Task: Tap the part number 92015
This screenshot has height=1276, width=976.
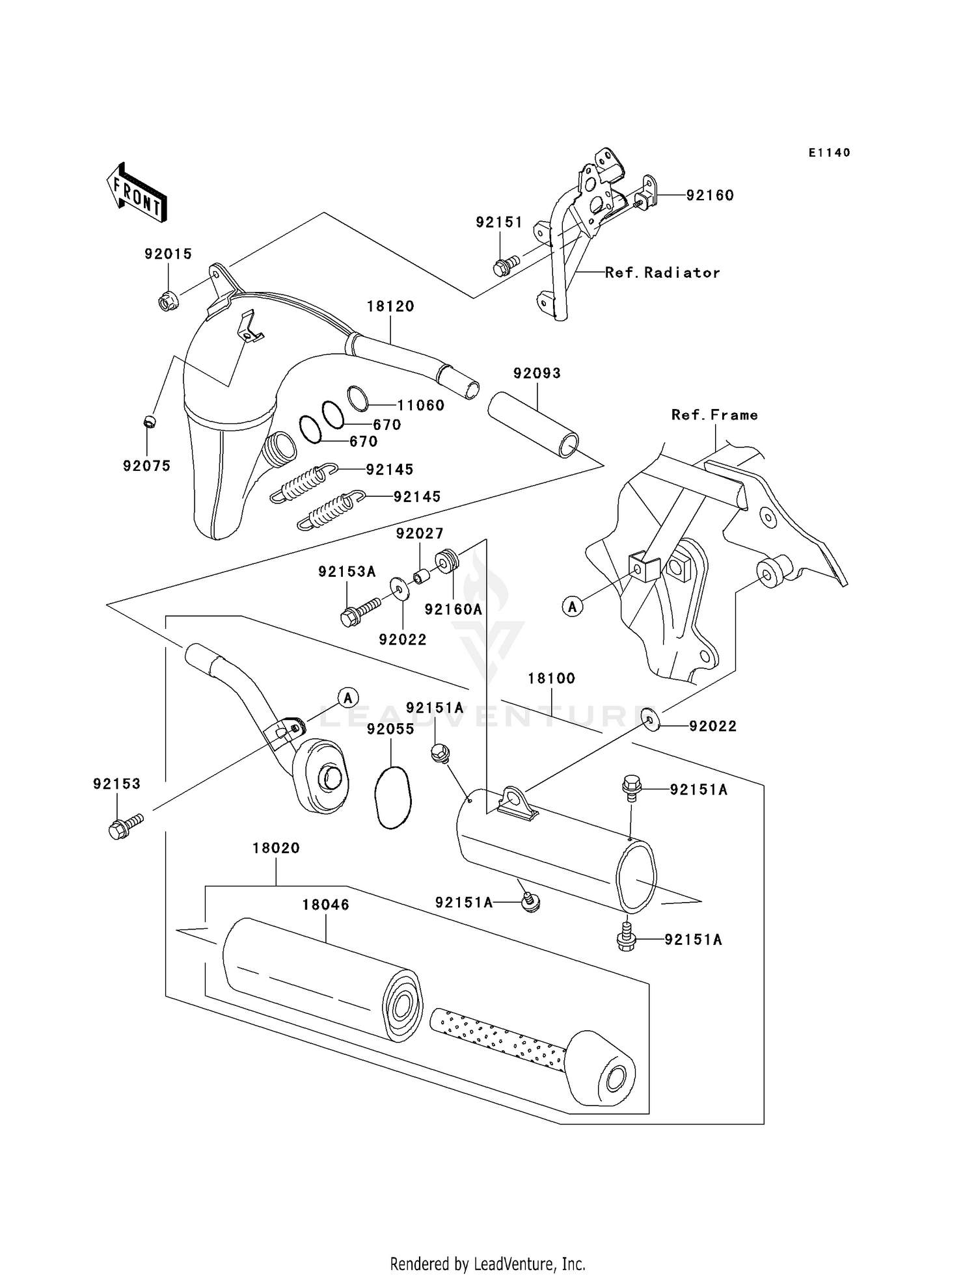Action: [x=169, y=254]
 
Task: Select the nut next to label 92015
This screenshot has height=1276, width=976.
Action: [x=167, y=301]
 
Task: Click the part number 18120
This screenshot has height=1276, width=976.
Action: [x=390, y=306]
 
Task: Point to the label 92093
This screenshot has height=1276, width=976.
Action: [x=537, y=373]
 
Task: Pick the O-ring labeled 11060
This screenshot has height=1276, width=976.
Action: [x=358, y=398]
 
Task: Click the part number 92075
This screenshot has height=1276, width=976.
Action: [x=147, y=466]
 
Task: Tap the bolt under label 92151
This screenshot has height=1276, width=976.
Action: [x=506, y=265]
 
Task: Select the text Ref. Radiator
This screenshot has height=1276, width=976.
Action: [x=662, y=272]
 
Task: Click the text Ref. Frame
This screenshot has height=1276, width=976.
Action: [x=714, y=415]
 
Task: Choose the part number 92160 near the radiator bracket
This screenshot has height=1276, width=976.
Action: [x=710, y=195]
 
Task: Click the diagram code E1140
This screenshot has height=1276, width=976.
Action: [x=830, y=152]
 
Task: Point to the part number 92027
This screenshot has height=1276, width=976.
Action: [x=420, y=533]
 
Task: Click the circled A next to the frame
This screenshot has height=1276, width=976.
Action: [x=573, y=607]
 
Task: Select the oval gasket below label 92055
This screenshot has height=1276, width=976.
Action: [x=392, y=798]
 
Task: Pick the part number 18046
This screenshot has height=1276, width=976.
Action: [x=325, y=905]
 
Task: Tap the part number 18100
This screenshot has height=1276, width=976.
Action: [x=551, y=678]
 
